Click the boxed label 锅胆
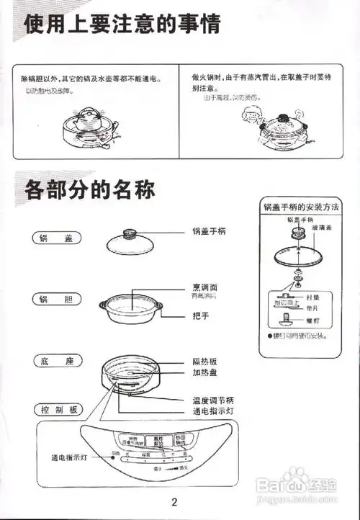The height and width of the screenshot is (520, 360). (58, 298)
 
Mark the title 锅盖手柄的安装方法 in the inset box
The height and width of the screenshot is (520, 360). (302, 207)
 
